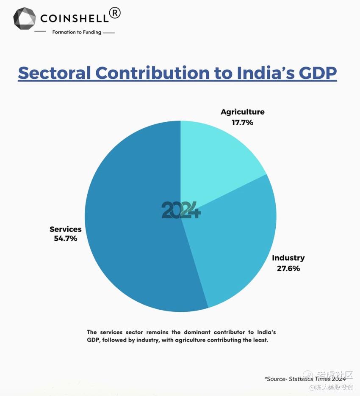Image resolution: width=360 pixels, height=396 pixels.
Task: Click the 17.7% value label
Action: [x=242, y=123]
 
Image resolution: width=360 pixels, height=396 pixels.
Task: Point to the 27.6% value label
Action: [x=288, y=268]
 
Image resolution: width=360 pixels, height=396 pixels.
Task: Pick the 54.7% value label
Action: [x=65, y=239]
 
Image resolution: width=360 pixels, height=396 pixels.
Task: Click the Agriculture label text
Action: [x=242, y=112]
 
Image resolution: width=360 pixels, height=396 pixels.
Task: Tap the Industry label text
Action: [x=288, y=258]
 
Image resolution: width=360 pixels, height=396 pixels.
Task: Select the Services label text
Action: [x=65, y=229]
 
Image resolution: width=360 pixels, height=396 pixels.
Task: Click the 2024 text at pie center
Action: [x=181, y=210]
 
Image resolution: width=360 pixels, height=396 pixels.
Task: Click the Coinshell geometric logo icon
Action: [x=25, y=18]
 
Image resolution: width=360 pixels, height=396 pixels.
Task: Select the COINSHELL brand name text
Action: [x=74, y=18]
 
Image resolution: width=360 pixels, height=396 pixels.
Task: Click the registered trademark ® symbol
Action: [x=115, y=13]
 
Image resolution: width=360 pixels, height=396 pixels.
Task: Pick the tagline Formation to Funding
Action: [x=77, y=32]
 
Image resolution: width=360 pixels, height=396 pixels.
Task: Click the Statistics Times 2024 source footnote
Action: [x=305, y=379]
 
